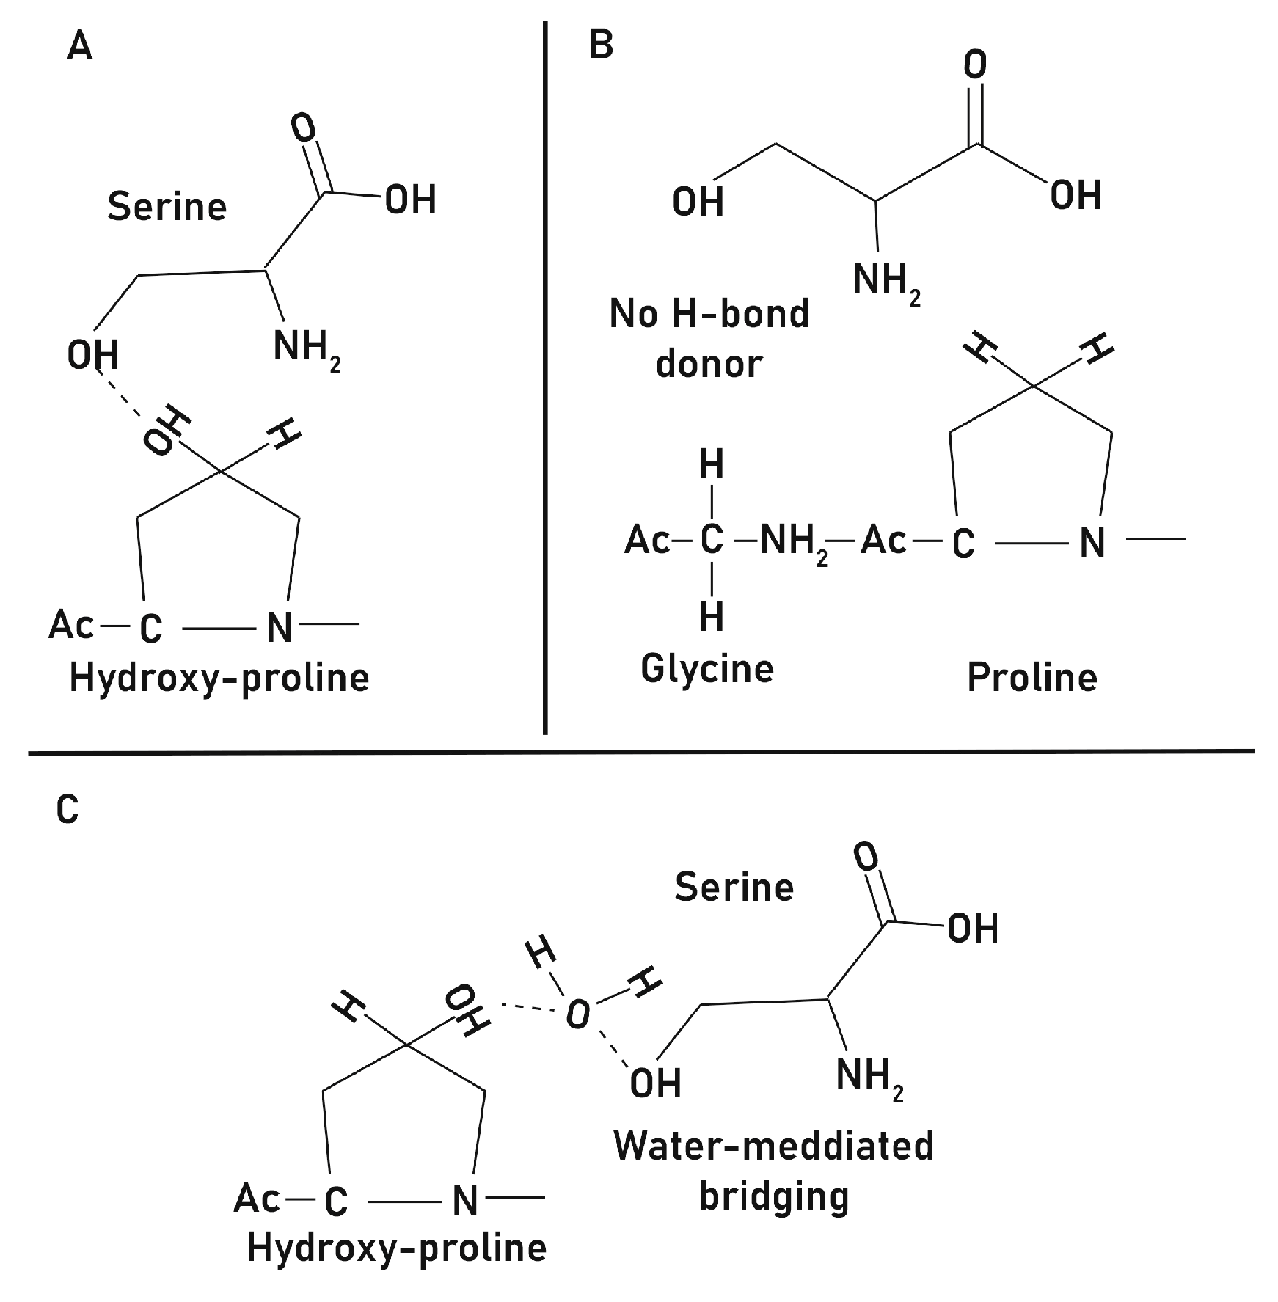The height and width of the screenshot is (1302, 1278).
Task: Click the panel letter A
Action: (80, 46)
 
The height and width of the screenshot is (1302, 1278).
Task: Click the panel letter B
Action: (602, 45)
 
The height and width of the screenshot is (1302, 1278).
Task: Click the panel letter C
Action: (67, 810)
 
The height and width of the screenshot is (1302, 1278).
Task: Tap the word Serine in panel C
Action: (734, 887)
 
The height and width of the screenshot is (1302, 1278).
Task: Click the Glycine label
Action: (707, 668)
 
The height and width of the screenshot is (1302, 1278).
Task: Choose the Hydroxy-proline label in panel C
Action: (397, 1247)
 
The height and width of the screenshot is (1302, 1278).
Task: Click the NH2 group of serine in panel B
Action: (886, 281)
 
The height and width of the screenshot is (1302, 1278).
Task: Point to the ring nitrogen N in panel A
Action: (280, 627)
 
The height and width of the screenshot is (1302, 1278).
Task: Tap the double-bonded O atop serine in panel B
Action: (975, 65)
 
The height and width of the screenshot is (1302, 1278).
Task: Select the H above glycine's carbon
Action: (712, 464)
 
